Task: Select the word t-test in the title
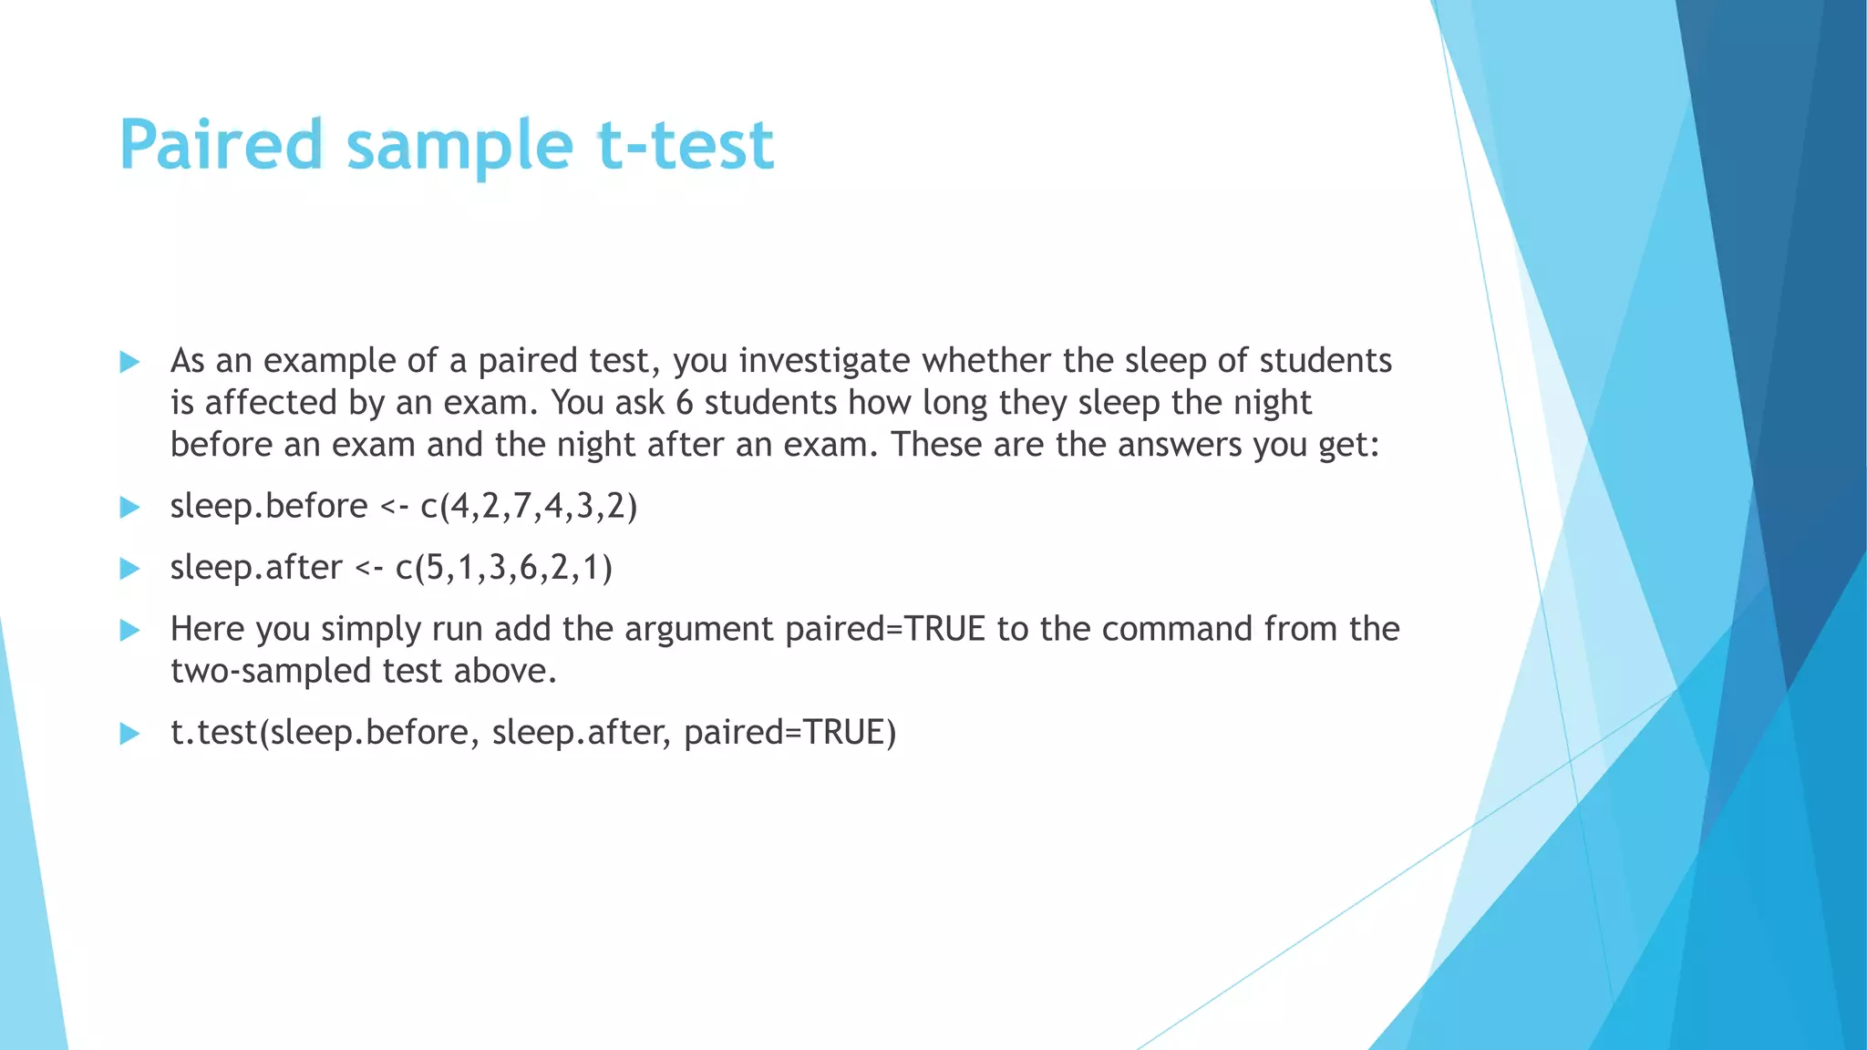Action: [x=685, y=146]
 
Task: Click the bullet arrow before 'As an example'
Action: [x=129, y=362]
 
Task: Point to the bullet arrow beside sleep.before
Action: [x=129, y=507]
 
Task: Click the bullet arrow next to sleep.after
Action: [x=129, y=569]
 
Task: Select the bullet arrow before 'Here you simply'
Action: [x=129, y=630]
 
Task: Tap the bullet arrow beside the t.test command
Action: [x=129, y=734]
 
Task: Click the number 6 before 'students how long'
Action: [x=684, y=403]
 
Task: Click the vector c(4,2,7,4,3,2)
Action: [x=529, y=506]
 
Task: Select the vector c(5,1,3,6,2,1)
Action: [x=504, y=568]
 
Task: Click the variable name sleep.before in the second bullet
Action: [x=269, y=506]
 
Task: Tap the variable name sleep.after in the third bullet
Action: [x=256, y=568]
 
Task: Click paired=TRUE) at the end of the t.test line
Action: [x=789, y=733]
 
